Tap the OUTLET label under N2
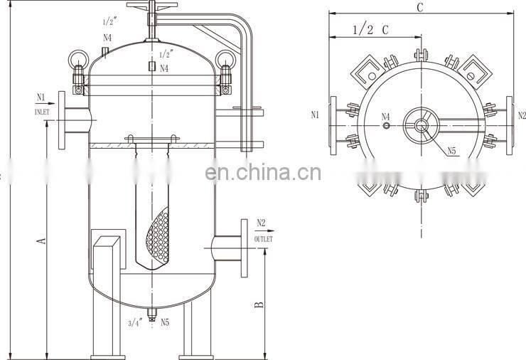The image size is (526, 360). coord(263,240)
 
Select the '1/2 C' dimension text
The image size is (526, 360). coord(370,30)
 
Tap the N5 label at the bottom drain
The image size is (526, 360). coord(164,322)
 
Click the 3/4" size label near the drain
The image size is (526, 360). coord(135,322)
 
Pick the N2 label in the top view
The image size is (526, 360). coord(521,115)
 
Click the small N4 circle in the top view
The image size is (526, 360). coord(386,126)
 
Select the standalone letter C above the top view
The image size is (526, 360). coord(419,8)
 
